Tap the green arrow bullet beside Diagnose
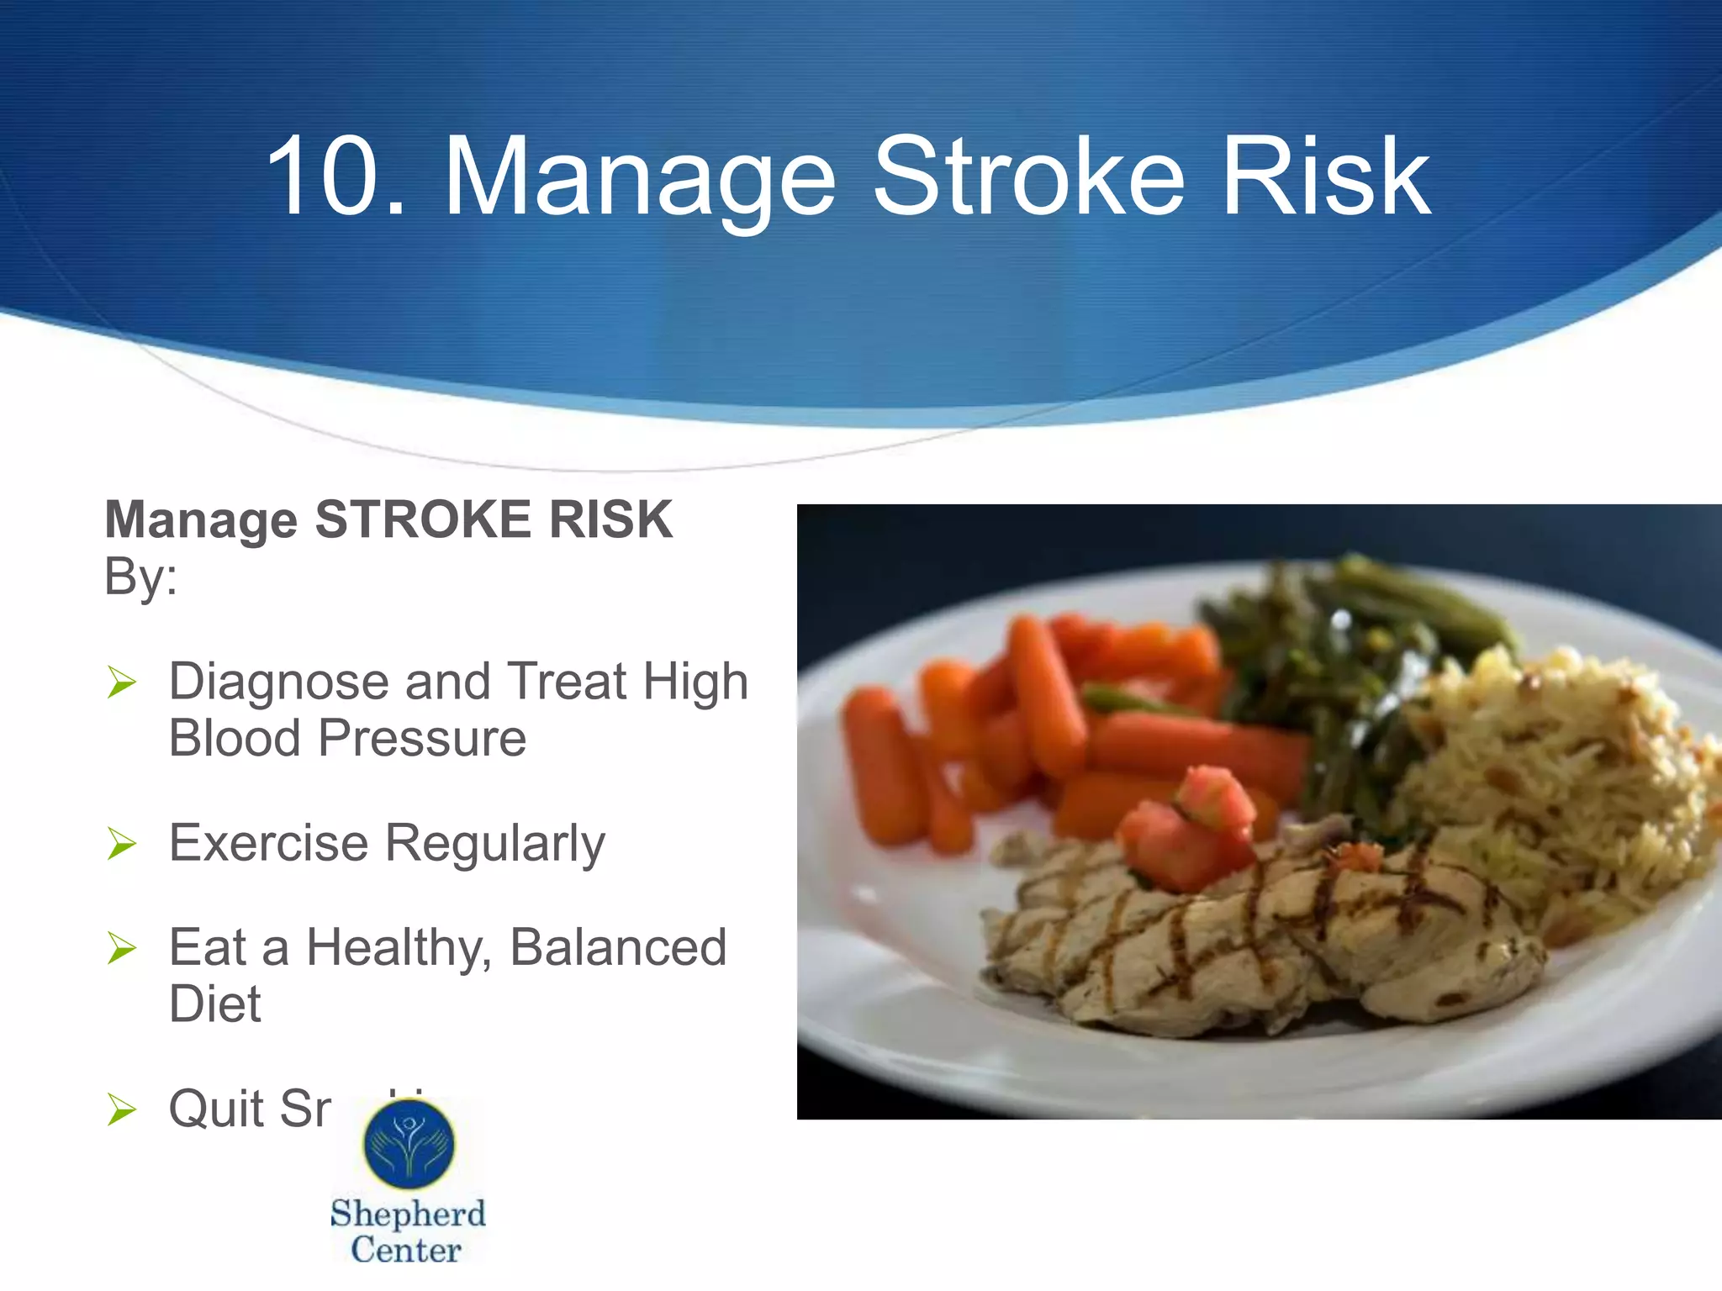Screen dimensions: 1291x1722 (122, 682)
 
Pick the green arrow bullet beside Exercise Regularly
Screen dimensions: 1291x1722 (122, 844)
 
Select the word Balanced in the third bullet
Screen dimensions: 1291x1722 (618, 948)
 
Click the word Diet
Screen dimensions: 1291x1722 (215, 1004)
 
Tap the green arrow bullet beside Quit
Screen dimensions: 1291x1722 (122, 1110)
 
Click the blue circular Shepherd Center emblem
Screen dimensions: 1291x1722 (409, 1144)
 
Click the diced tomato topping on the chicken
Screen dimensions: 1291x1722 (1190, 828)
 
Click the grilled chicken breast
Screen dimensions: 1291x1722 (1261, 941)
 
